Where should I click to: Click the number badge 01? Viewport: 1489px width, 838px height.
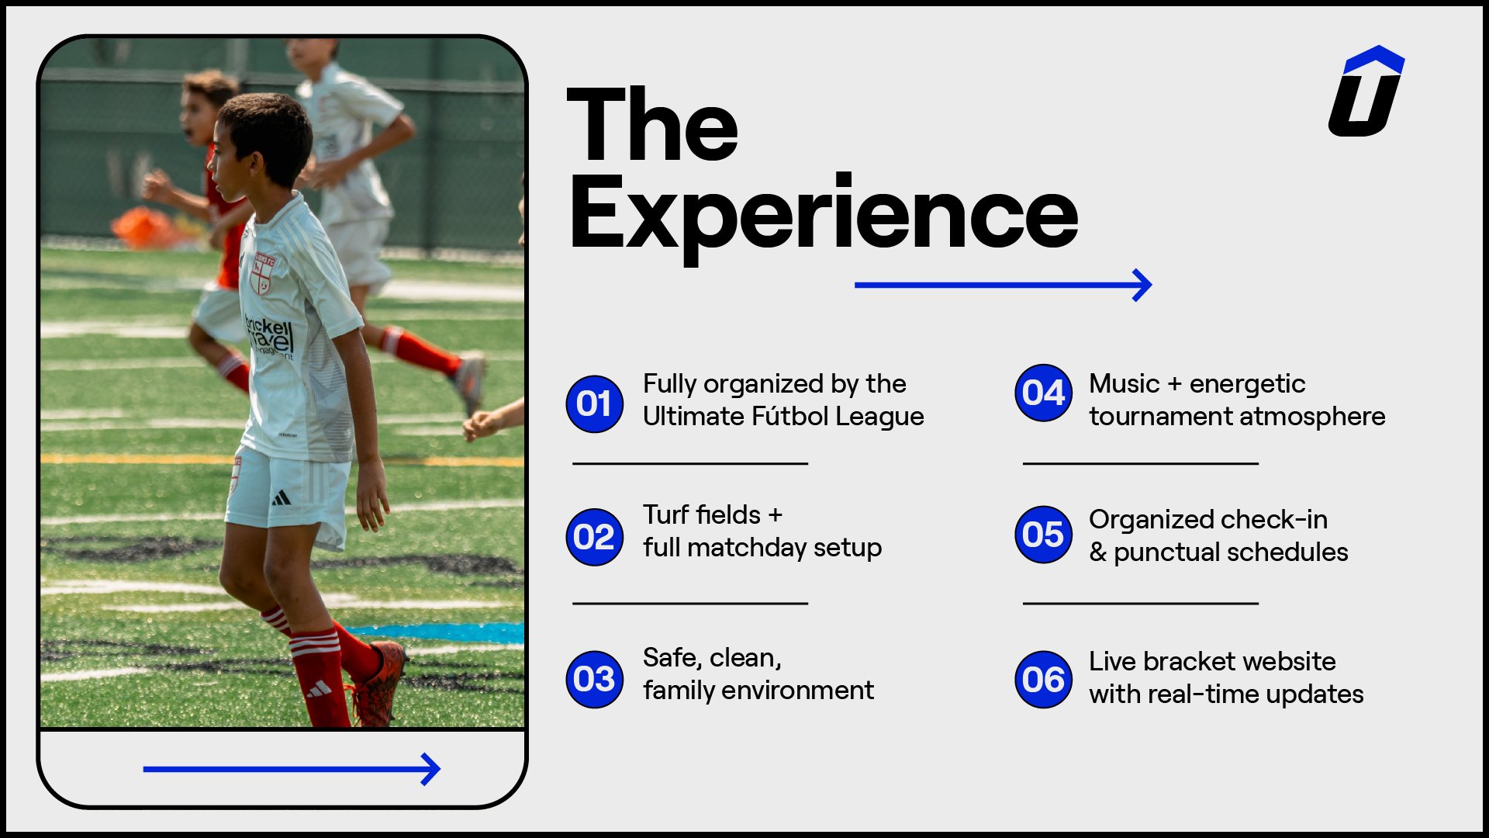point(595,403)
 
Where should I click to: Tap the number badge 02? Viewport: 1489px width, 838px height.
point(595,537)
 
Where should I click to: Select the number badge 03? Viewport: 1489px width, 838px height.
point(595,679)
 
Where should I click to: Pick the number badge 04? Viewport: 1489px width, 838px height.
point(1044,393)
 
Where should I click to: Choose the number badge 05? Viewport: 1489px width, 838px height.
point(1044,534)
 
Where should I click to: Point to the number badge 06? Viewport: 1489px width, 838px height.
point(1044,680)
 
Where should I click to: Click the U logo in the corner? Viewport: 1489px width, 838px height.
point(1366,91)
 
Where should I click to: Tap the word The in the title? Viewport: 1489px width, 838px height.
point(652,124)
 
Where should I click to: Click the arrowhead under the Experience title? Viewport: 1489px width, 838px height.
point(1143,286)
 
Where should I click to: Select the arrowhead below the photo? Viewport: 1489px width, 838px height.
point(431,769)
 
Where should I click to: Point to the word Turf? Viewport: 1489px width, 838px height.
point(668,514)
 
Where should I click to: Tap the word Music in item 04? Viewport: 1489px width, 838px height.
point(1125,383)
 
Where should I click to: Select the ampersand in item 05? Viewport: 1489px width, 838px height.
point(1097,552)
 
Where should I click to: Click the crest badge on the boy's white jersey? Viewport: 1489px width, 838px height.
point(264,272)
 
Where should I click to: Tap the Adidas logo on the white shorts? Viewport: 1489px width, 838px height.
point(282,497)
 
